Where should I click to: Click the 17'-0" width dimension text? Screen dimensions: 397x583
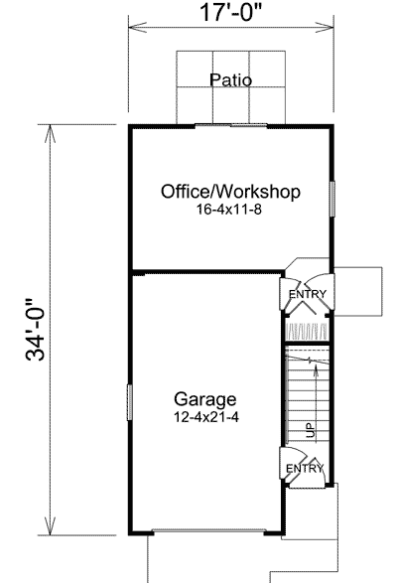231,12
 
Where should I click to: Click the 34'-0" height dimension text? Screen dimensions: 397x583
36,330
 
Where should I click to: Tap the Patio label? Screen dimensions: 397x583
231,79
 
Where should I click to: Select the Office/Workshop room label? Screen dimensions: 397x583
230,192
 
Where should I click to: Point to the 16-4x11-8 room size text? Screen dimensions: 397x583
229,210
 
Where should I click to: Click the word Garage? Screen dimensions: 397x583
204,399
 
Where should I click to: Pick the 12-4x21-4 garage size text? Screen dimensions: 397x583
206,417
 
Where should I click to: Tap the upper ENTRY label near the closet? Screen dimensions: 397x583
308,294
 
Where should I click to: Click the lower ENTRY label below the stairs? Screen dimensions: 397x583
305,469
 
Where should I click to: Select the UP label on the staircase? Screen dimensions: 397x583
311,430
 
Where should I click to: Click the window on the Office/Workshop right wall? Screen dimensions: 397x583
332,199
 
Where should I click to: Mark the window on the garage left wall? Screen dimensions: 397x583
130,402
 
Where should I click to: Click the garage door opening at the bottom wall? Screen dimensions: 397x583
208,531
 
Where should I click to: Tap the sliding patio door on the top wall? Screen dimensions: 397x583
231,126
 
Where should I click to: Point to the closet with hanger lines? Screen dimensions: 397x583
307,330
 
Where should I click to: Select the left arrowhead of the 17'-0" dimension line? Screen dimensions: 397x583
138,27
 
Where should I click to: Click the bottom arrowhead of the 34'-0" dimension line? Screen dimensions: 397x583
51,525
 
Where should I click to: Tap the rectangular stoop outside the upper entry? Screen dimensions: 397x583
358,292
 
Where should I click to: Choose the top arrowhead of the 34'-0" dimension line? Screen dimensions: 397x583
51,134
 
